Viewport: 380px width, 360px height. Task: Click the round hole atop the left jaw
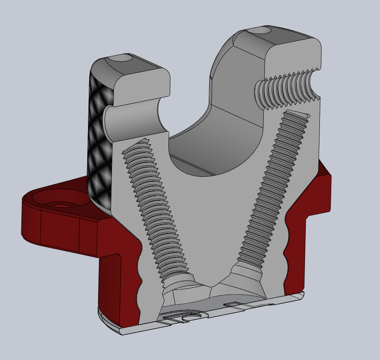pyautogui.click(x=122, y=59)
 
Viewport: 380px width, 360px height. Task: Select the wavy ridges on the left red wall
pyautogui.click(x=139, y=274)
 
